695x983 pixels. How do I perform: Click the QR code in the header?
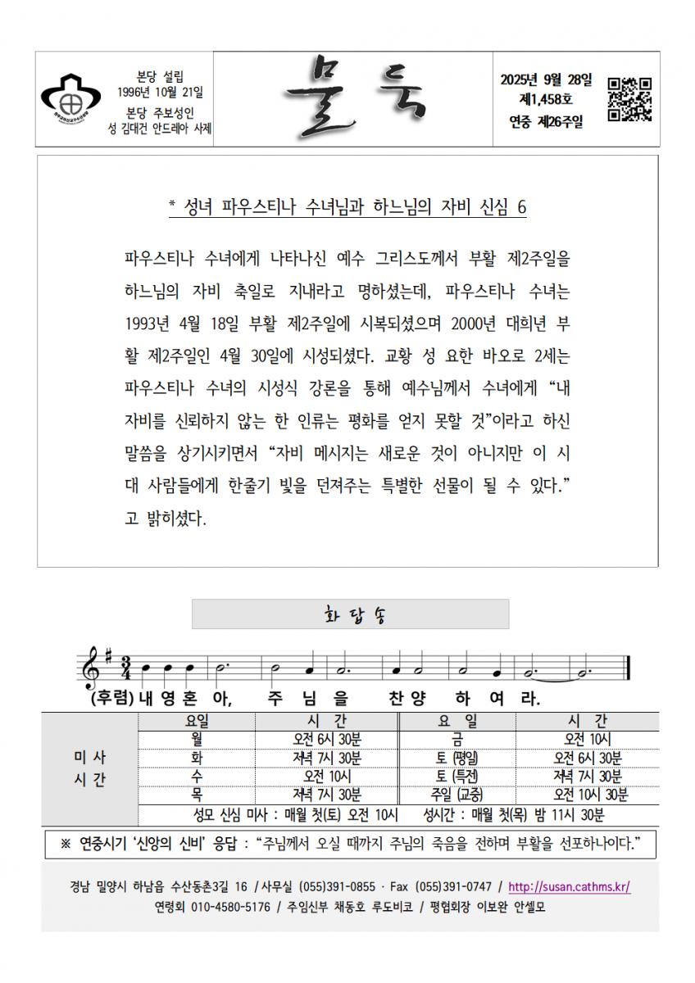tap(629, 99)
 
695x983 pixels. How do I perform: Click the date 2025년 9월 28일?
tap(545, 79)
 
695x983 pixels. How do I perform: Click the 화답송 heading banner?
tap(350, 614)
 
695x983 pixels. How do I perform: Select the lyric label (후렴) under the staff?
tap(112, 700)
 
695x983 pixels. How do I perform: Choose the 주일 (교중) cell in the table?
tap(457, 795)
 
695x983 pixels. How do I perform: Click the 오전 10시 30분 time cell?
tap(587, 795)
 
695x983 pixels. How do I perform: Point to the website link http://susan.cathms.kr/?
tap(569, 886)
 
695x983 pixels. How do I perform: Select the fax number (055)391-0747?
tap(453, 886)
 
